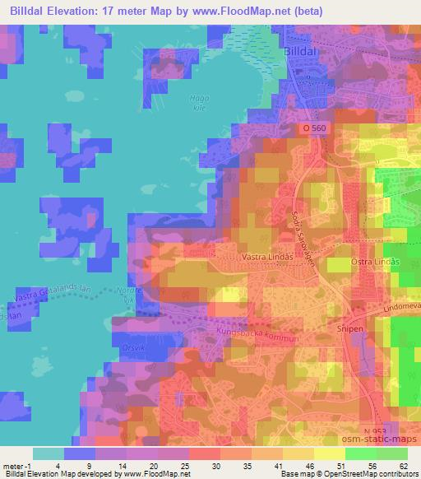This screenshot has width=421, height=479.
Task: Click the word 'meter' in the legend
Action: [13, 466]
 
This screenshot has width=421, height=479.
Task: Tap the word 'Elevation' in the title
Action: [83, 11]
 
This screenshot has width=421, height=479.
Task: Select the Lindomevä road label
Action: [401, 305]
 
